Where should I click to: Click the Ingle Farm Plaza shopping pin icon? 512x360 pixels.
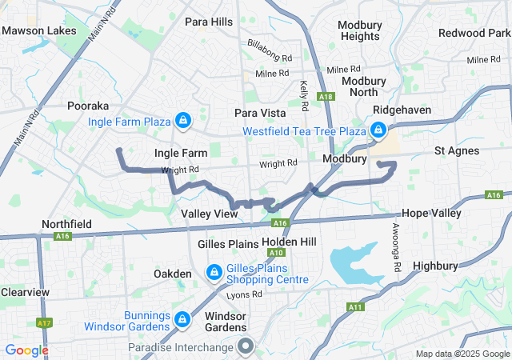pyautogui.click(x=183, y=121)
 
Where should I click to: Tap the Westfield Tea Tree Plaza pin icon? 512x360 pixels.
pyautogui.click(x=378, y=129)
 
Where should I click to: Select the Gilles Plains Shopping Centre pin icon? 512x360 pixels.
pyautogui.click(x=214, y=273)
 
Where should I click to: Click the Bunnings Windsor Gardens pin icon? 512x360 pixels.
pyautogui.click(x=182, y=319)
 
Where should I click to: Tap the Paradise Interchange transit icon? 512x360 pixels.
pyautogui.click(x=246, y=346)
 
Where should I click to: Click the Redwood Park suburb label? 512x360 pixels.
pyautogui.click(x=474, y=33)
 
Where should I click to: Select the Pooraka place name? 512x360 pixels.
pyautogui.click(x=88, y=106)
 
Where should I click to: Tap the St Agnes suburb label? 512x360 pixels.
pyautogui.click(x=457, y=150)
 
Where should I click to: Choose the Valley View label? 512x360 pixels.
pyautogui.click(x=209, y=214)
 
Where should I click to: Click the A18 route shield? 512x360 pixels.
pyautogui.click(x=325, y=97)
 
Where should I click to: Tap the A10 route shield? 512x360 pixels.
pyautogui.click(x=277, y=253)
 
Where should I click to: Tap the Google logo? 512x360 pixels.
pyautogui.click(x=26, y=350)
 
